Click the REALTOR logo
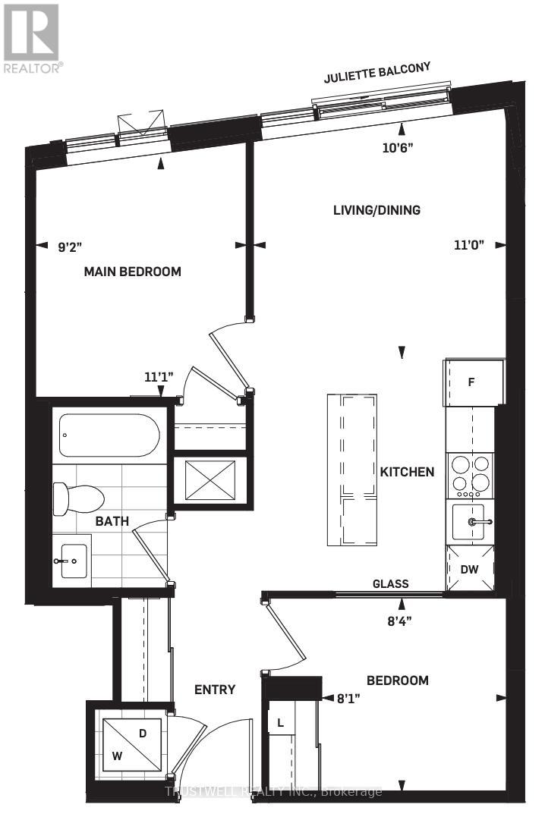(32, 37)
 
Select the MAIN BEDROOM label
(132, 271)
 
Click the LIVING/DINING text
(376, 210)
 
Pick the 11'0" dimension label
(469, 245)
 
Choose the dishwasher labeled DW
(470, 567)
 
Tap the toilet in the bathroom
(77, 499)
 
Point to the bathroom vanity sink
(72, 561)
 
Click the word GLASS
(390, 583)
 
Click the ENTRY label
(215, 690)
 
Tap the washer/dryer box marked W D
(132, 744)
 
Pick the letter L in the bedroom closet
(281, 722)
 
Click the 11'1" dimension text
(159, 376)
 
